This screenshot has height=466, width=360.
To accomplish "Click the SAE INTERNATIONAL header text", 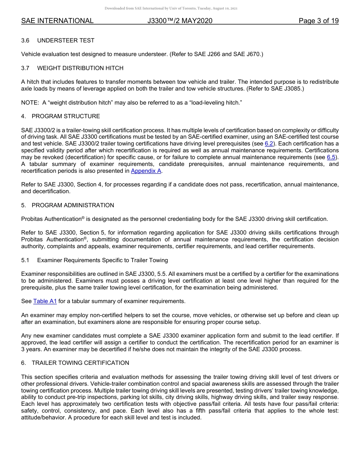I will point(57,21).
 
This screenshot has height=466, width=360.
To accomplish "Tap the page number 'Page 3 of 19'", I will point(318,21).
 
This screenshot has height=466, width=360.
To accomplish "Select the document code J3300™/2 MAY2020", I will point(180,21).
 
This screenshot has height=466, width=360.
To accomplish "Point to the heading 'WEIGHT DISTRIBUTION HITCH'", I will point(80,68).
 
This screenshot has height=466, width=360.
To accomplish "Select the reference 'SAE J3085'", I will point(288,89).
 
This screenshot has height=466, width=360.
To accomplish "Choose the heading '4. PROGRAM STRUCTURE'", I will point(61,116).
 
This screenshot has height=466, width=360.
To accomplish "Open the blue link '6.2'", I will point(269,144).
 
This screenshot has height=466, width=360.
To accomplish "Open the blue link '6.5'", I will point(331,157).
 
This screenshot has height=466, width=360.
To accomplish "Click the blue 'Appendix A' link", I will point(146,171).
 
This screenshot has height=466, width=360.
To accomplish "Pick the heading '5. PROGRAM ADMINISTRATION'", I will point(67,205).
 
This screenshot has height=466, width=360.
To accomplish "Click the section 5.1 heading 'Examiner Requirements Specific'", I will point(102,260).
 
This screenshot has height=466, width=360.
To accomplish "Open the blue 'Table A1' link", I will point(45,301).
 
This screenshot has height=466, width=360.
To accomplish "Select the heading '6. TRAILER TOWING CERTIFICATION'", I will point(75,363).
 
